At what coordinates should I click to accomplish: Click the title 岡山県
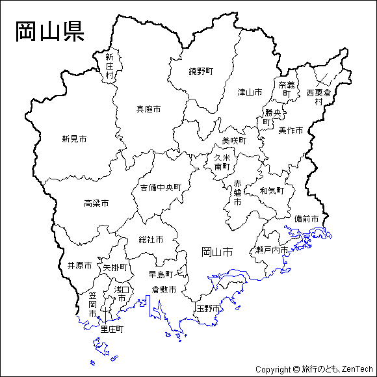click(49, 32)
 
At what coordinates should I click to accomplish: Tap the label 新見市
click(75, 138)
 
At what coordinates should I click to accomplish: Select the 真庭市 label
click(148, 109)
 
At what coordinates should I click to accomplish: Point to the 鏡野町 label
click(201, 71)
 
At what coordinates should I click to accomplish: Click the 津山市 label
click(250, 92)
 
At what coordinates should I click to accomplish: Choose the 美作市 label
click(291, 130)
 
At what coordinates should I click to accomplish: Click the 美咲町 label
click(234, 140)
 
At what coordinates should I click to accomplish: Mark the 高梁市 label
click(96, 203)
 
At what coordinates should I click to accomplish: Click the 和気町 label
click(272, 191)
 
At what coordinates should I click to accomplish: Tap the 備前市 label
click(306, 218)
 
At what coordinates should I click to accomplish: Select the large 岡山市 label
click(217, 252)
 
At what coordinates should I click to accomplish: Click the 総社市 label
click(151, 240)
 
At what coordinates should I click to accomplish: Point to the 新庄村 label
click(109, 66)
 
